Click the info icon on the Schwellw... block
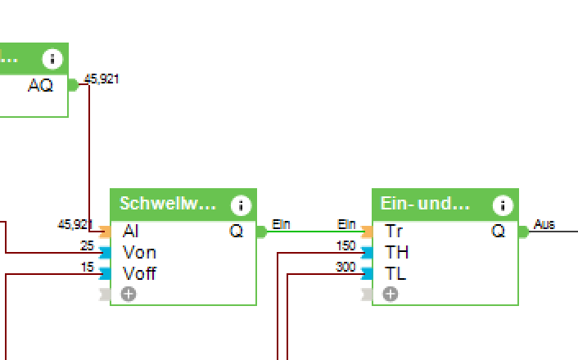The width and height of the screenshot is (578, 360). coord(241,205)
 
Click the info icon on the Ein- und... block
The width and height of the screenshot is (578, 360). coord(503,205)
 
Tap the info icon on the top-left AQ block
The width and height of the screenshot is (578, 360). coord(52,59)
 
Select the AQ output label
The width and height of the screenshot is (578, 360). coord(40,84)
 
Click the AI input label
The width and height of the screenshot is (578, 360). coord(130,232)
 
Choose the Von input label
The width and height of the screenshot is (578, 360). coord(138,253)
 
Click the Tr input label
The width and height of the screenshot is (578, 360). coord(393,232)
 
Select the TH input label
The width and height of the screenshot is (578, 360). coord(396,253)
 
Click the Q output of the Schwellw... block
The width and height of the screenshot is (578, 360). coord(236,232)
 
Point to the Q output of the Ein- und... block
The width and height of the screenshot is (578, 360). coord(498,232)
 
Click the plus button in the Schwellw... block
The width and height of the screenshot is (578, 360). coord(129,294)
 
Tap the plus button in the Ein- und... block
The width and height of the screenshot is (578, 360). coord(391,294)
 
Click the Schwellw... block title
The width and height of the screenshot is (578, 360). coord(168,204)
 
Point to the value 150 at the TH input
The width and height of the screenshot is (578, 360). coord(345,245)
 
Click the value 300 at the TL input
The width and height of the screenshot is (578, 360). coord(345,267)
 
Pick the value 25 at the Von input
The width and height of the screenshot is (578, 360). coord(87,245)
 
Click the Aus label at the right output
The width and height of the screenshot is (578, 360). coord(544,223)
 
